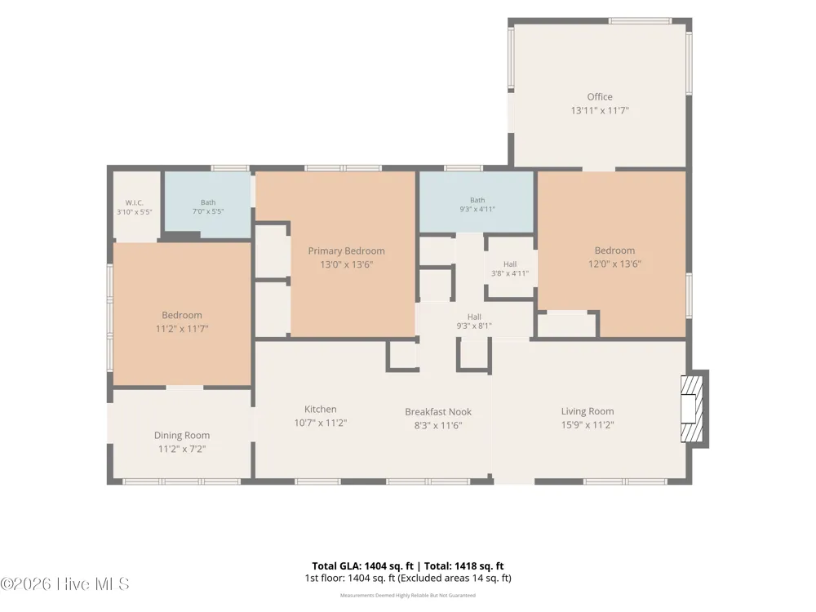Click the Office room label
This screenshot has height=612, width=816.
pos(600,97)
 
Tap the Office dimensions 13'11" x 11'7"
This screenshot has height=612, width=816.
pos(600,110)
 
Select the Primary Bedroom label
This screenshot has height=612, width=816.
pos(347,251)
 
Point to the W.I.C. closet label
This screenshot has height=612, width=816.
pos(135,203)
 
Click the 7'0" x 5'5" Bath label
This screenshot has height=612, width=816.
pos(208,207)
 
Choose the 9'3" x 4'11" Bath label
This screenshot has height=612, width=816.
pos(477,205)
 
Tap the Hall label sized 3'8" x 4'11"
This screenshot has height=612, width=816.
pos(510,268)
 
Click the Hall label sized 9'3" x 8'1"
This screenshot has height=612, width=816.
pos(474,321)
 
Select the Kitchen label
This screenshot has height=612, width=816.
pos(321,410)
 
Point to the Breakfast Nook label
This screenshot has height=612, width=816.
pos(438,411)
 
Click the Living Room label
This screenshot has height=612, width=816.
pos(588,411)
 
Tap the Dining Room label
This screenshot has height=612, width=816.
pos(182,436)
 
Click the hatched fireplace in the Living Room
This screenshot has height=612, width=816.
pos(693,409)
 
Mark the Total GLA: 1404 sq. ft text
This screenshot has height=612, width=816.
pos(363,566)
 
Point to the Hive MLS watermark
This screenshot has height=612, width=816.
pos(65,584)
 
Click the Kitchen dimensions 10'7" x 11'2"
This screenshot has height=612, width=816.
pos(321,423)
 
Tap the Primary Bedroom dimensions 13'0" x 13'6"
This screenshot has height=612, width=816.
pos(347,264)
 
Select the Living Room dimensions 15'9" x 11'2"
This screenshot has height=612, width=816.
pos(588,424)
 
